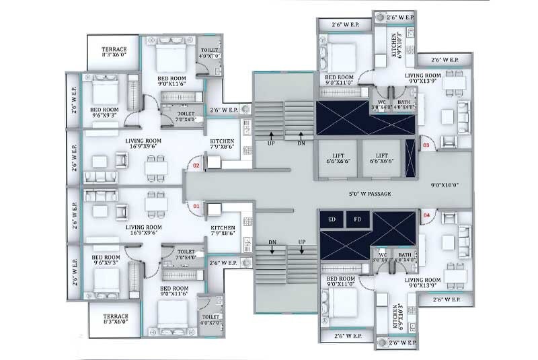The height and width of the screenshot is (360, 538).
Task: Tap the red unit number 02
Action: pos(197,164)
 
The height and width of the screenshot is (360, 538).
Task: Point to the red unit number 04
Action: pos(425,215)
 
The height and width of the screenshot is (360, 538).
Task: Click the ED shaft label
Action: pos(331,219)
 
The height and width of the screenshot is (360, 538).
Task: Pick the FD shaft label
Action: pos(357,219)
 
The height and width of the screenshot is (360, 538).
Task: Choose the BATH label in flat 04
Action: pos(404,256)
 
